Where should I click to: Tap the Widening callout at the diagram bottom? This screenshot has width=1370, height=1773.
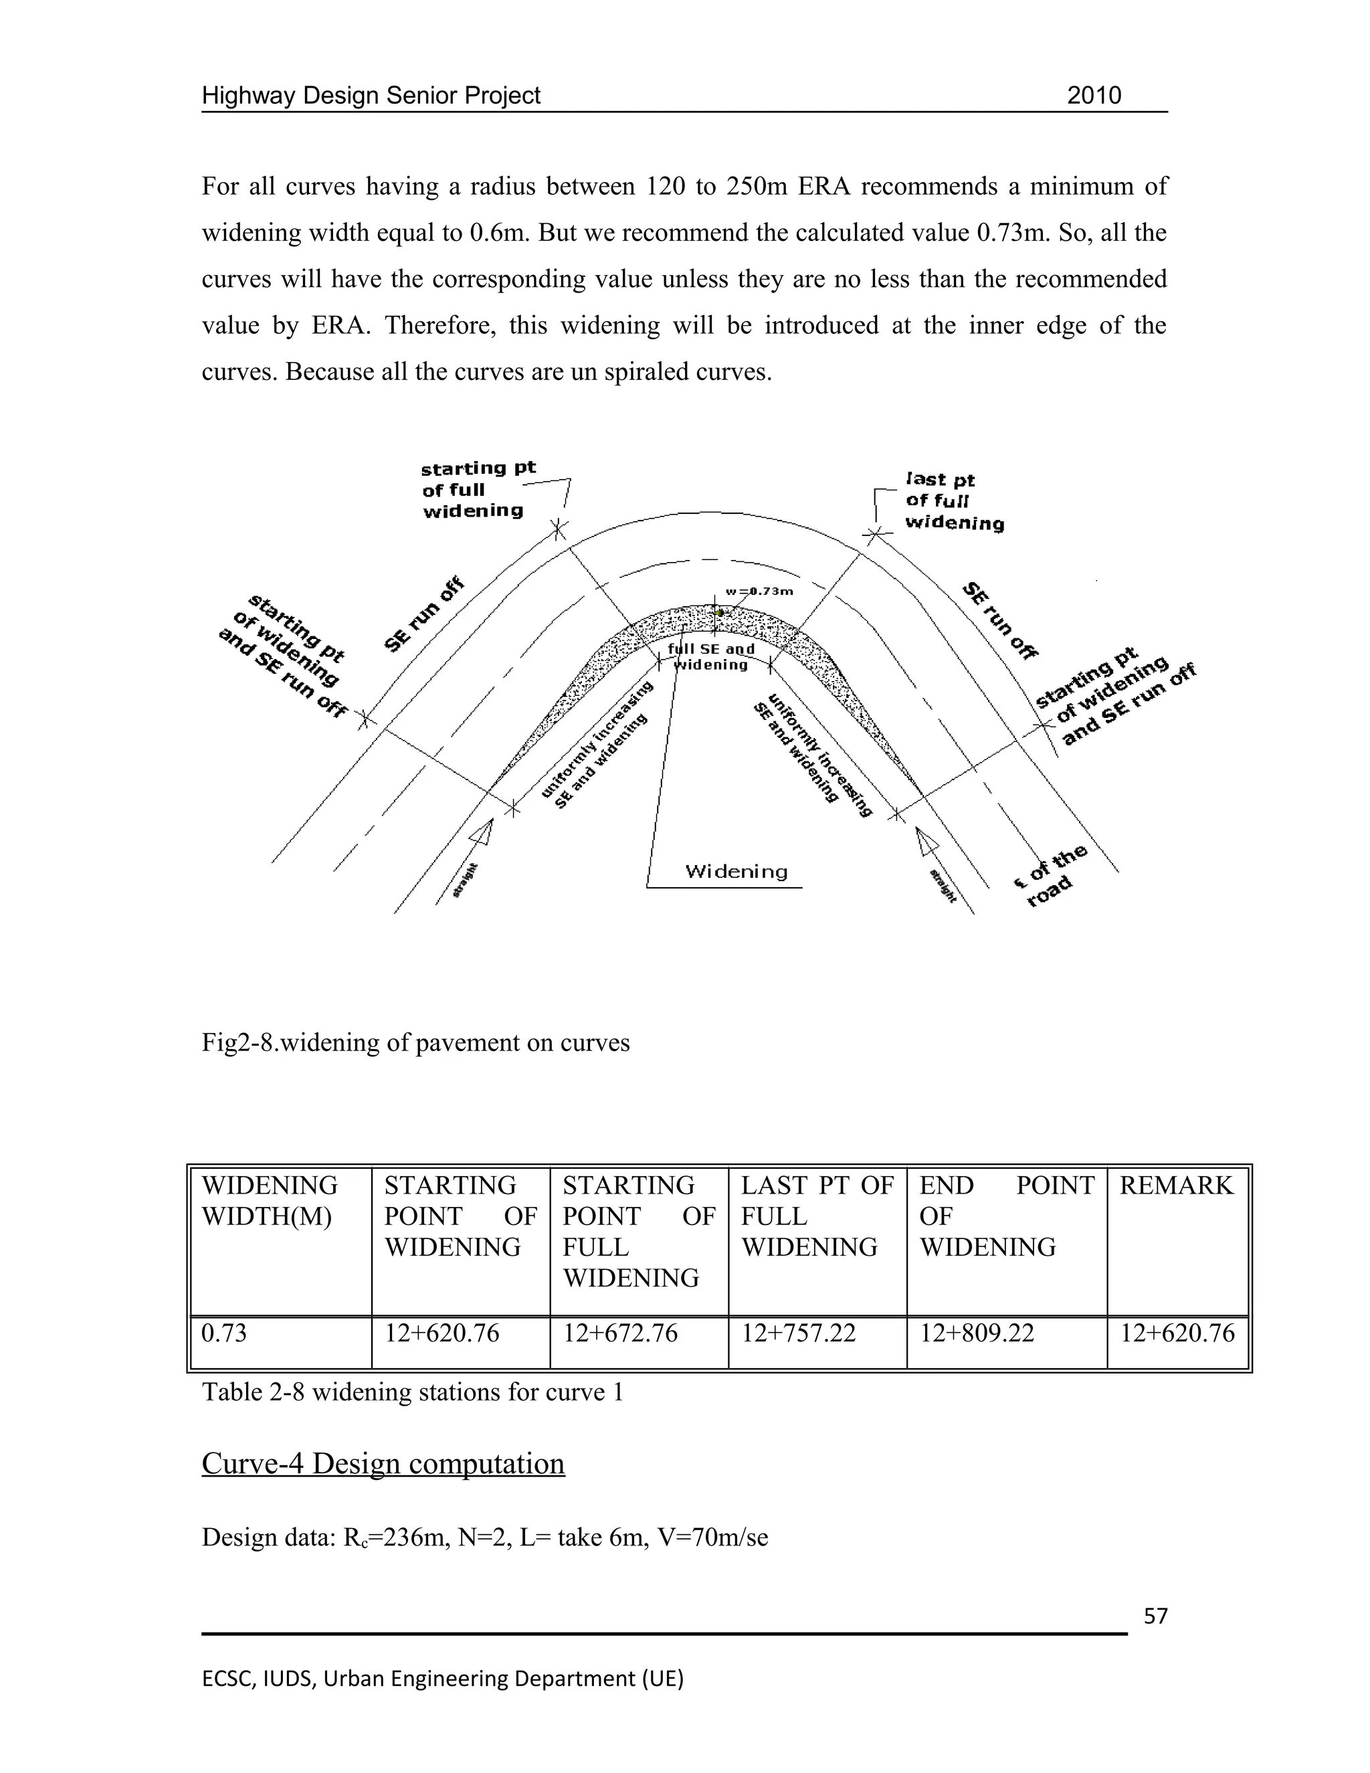click(736, 872)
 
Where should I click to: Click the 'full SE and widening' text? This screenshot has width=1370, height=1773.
click(711, 657)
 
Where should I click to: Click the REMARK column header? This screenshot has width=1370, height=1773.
click(1176, 1186)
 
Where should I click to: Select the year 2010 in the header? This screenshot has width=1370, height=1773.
click(1093, 96)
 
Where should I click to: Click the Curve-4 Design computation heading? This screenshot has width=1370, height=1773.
click(383, 1464)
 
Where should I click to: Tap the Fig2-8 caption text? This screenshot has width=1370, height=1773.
click(415, 1042)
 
